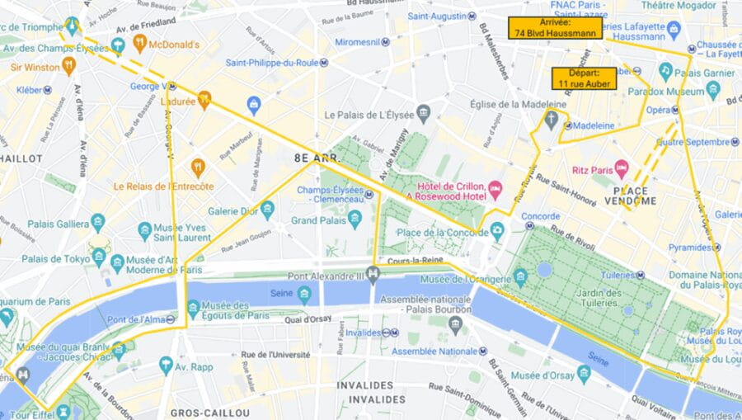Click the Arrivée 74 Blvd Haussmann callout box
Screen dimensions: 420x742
[x=556, y=28]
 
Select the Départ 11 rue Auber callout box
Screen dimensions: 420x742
[x=584, y=78]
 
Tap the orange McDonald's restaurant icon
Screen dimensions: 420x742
[x=139, y=44]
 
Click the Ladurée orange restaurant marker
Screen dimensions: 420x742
[x=204, y=100]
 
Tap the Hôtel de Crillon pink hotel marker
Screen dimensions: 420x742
[x=495, y=190]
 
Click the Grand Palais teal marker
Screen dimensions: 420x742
[x=355, y=219]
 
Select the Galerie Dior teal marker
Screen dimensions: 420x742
[x=266, y=210]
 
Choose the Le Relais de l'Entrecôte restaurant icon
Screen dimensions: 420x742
[x=198, y=168]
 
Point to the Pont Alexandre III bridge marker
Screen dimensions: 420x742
[x=373, y=274]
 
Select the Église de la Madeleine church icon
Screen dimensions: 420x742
[x=551, y=121]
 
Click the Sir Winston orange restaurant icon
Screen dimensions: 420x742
[x=68, y=65]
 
